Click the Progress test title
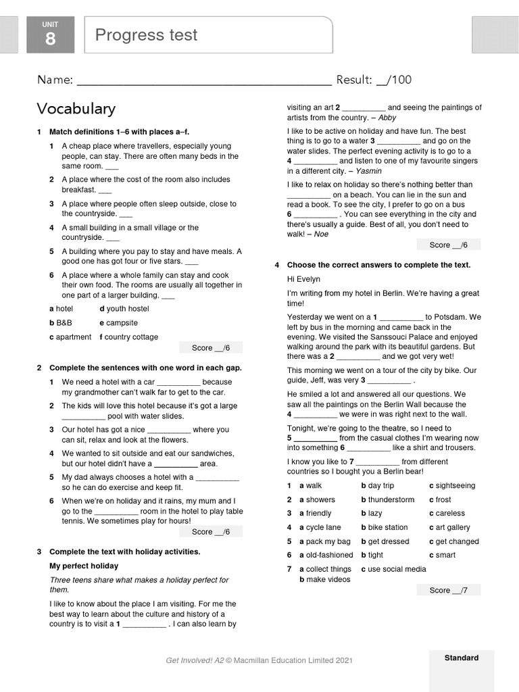pyautogui.click(x=146, y=35)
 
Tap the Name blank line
pyautogui.click(x=204, y=81)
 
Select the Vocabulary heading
pyautogui.click(x=76, y=109)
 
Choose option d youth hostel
pyautogui.click(x=124, y=309)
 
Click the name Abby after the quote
pyautogui.click(x=387, y=118)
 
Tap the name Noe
pyautogui.click(x=322, y=234)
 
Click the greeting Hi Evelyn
pyautogui.click(x=303, y=279)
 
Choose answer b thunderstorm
pyautogui.click(x=388, y=500)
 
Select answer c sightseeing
pyautogui.click(x=452, y=486)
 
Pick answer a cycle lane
pyautogui.click(x=320, y=528)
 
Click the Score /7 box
pyautogui.click(x=448, y=591)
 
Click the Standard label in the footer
pyautogui.click(x=461, y=658)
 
